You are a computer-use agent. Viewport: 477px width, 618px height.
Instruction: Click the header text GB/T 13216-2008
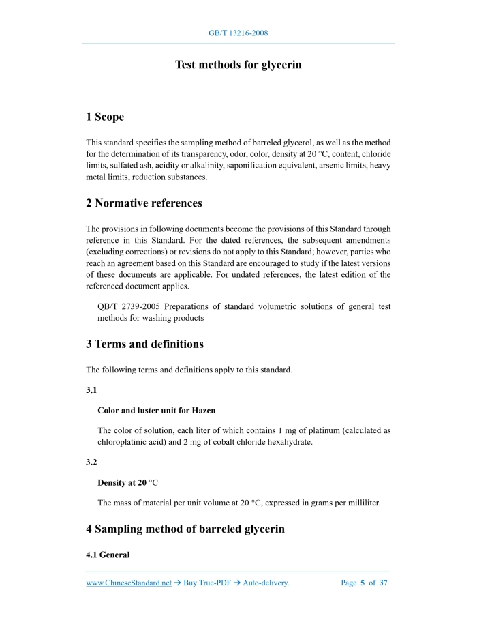pyautogui.click(x=238, y=33)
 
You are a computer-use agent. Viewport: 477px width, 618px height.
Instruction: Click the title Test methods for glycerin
pyautogui.click(x=238, y=65)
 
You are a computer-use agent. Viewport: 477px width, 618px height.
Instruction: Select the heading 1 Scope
pyautogui.click(x=105, y=117)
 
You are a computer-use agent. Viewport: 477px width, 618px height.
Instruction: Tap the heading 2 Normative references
pyautogui.click(x=144, y=203)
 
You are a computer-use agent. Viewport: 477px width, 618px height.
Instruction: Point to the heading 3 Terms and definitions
pyautogui.click(x=144, y=344)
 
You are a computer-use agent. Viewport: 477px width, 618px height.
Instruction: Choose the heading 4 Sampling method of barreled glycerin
pyautogui.click(x=185, y=529)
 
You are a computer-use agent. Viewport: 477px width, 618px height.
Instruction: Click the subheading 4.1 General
pyautogui.click(x=108, y=555)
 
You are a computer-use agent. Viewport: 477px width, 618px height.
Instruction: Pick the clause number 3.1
pyautogui.click(x=92, y=391)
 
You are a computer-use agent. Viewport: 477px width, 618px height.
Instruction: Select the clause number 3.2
pyautogui.click(x=92, y=462)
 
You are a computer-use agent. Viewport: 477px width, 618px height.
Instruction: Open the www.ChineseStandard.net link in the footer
pyautogui.click(x=129, y=583)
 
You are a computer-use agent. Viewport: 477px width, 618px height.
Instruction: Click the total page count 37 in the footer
pyautogui.click(x=384, y=583)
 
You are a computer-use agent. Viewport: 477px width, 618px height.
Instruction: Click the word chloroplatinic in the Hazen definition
pyautogui.click(x=124, y=442)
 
